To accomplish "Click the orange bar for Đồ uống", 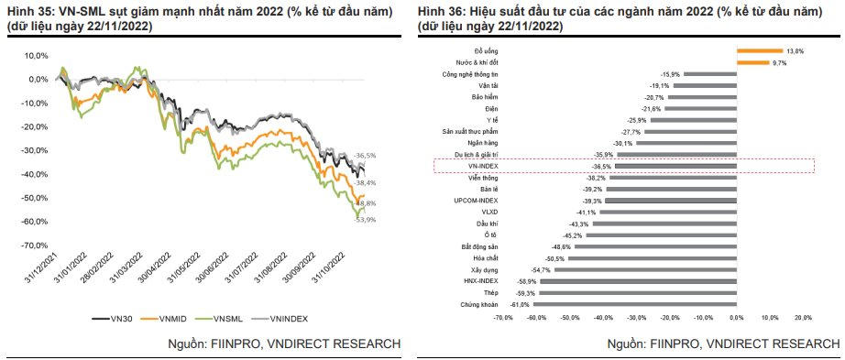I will tap(758, 51).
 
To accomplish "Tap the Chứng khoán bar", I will tap(632, 303).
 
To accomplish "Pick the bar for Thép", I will tap(636, 292).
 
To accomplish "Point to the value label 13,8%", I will tap(795, 51).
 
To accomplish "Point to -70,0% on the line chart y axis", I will tap(36, 245).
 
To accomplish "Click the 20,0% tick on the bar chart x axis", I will tap(802, 318).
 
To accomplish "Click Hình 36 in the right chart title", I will tap(439, 10).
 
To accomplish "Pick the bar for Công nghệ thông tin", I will tap(708, 74).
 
